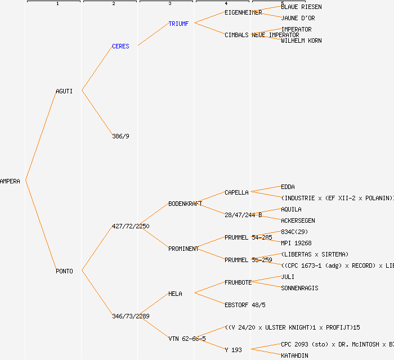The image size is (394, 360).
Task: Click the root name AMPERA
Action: coord(10,181)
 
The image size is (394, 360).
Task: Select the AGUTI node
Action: coord(64,91)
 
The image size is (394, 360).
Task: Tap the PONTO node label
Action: coord(64,271)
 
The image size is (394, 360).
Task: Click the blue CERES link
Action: coord(120,46)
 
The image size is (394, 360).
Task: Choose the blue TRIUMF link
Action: coord(178,24)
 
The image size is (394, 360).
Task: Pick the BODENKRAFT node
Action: coord(185,204)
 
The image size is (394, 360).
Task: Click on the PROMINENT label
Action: coord(183,249)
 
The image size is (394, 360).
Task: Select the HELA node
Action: coord(175,294)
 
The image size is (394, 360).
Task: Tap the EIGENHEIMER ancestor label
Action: coord(243,12)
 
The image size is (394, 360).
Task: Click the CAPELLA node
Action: coord(236,192)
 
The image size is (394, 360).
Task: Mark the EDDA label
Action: coord(288,187)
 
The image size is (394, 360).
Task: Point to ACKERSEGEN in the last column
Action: coord(298,220)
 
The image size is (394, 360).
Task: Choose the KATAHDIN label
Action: coord(294,355)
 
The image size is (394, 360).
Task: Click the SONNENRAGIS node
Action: coord(299,288)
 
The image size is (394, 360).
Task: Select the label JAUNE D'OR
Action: coord(298,18)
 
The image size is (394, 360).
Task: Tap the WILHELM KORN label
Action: coord(301,40)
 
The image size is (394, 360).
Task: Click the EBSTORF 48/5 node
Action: coord(245,305)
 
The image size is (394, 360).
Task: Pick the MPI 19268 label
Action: coord(296,243)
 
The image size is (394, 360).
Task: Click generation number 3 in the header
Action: coord(169,4)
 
